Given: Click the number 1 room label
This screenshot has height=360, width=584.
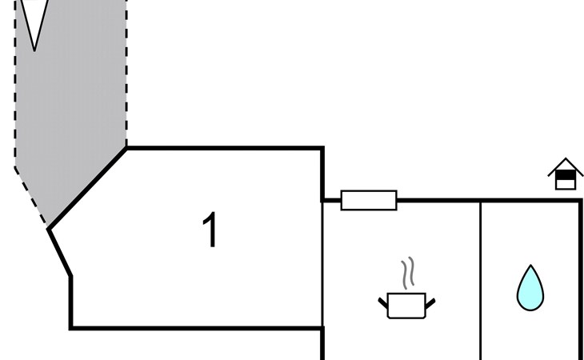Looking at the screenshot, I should (210, 230).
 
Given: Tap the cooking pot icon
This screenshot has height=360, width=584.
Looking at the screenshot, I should (406, 305).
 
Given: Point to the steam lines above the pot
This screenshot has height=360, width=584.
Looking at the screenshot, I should (408, 273).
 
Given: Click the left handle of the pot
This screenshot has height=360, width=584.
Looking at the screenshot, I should (383, 302).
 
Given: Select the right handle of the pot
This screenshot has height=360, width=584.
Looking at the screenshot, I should (430, 302).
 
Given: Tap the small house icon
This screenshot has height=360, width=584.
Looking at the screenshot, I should (566, 174).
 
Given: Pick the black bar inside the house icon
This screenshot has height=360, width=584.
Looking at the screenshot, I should (566, 173).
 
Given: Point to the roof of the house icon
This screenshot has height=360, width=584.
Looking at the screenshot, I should (566, 163).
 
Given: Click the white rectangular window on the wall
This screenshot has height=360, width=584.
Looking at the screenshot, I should (369, 200).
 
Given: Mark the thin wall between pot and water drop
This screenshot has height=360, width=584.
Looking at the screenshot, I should (480, 280).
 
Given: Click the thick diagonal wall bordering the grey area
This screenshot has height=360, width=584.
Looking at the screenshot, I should (88, 188).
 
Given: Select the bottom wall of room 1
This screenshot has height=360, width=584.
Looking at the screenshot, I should (196, 327).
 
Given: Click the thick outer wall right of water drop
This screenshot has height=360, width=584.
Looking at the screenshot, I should (581, 280).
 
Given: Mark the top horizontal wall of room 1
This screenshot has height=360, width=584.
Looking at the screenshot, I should (224, 148).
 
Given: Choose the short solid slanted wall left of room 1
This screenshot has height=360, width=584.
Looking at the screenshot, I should (60, 253).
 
